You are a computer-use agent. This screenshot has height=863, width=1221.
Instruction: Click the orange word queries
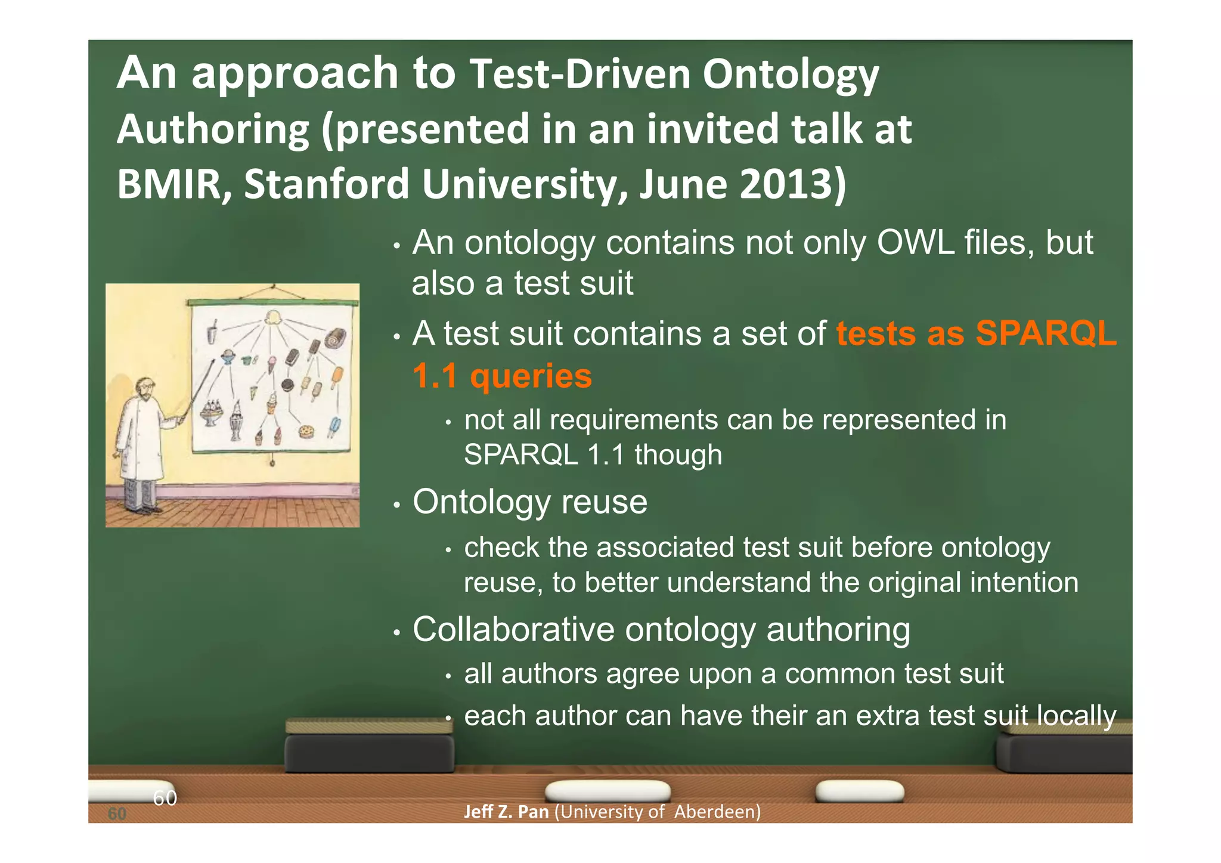(531, 376)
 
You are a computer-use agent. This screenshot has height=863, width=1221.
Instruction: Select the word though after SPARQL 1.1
(678, 454)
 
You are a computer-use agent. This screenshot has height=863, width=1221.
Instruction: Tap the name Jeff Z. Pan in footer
(506, 812)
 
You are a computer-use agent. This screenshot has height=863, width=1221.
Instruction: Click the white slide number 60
(165, 797)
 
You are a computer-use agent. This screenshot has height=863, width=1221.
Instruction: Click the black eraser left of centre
(369, 753)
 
